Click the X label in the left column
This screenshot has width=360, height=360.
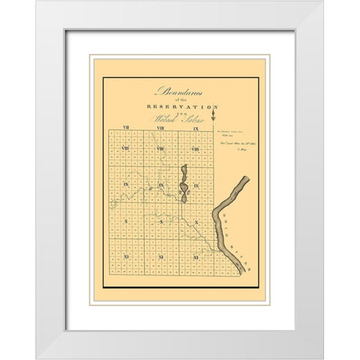[125, 223]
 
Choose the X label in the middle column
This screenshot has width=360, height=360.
[160, 223]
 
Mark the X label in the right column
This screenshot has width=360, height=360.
[195, 223]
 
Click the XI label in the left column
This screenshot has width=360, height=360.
[125, 257]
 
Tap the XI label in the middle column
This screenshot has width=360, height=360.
[160, 257]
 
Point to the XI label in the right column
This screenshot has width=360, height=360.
[195, 257]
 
